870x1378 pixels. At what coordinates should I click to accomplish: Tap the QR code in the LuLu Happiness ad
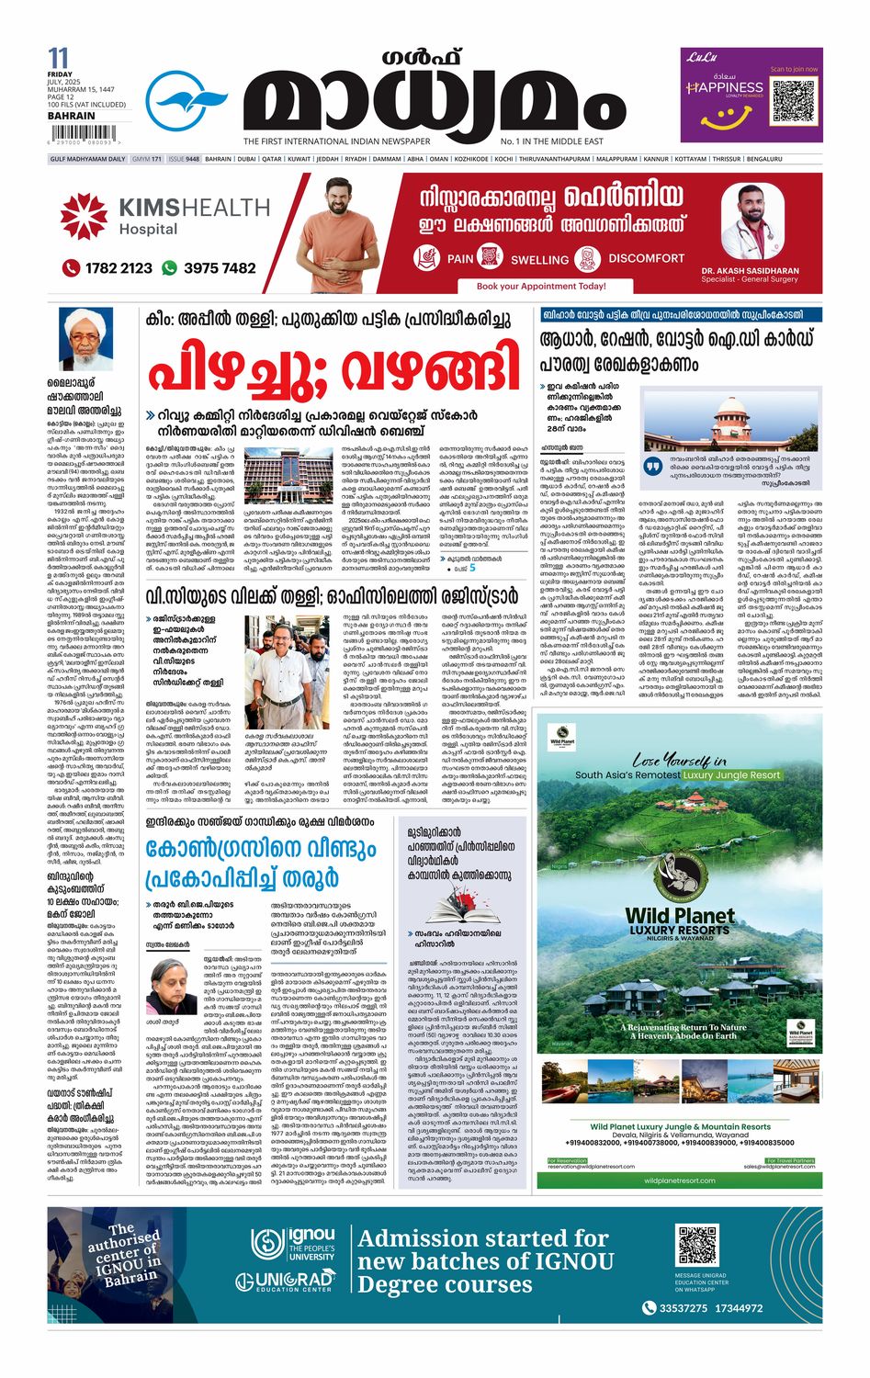click(x=794, y=103)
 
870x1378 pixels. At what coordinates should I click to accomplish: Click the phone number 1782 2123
click(x=119, y=268)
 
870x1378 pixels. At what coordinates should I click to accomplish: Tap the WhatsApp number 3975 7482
click(x=220, y=268)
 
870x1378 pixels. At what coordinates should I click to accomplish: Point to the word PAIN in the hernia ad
click(x=459, y=259)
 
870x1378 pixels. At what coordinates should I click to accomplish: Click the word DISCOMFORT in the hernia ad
click(x=646, y=258)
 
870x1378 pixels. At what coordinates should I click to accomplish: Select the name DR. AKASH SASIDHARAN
click(x=750, y=271)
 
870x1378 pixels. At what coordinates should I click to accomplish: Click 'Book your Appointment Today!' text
click(x=541, y=286)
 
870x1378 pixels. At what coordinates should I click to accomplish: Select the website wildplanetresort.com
click(x=679, y=1180)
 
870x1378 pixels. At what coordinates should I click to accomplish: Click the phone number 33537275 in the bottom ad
click(x=682, y=1308)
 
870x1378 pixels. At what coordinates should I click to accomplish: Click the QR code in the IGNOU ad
click(x=696, y=1246)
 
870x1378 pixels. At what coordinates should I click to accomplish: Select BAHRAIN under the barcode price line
click(x=71, y=116)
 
